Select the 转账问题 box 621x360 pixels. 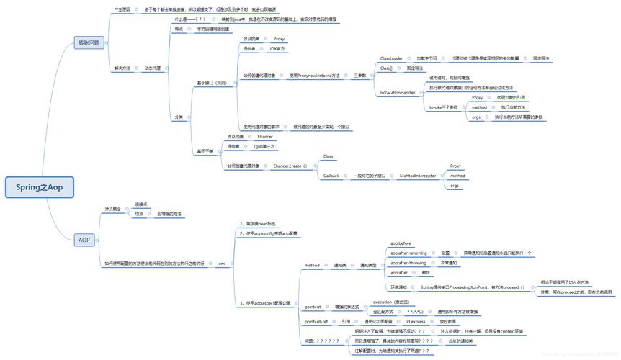point(90,43)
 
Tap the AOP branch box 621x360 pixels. point(84,239)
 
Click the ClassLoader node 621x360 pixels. point(391,58)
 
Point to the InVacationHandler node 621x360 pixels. point(397,93)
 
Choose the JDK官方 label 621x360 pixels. point(277,48)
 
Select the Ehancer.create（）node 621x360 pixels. point(290,166)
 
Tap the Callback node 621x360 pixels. point(331,175)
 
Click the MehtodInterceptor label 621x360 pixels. point(418,175)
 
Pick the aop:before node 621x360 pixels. point(401,243)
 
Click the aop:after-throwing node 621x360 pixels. point(408,263)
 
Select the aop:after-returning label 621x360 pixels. point(408,253)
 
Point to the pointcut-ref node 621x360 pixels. point(316,321)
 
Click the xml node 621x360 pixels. point(222,264)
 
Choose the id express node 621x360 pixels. point(420,321)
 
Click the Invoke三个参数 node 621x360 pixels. point(443,107)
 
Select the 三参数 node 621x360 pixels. point(359,75)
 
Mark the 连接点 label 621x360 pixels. point(141,204)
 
